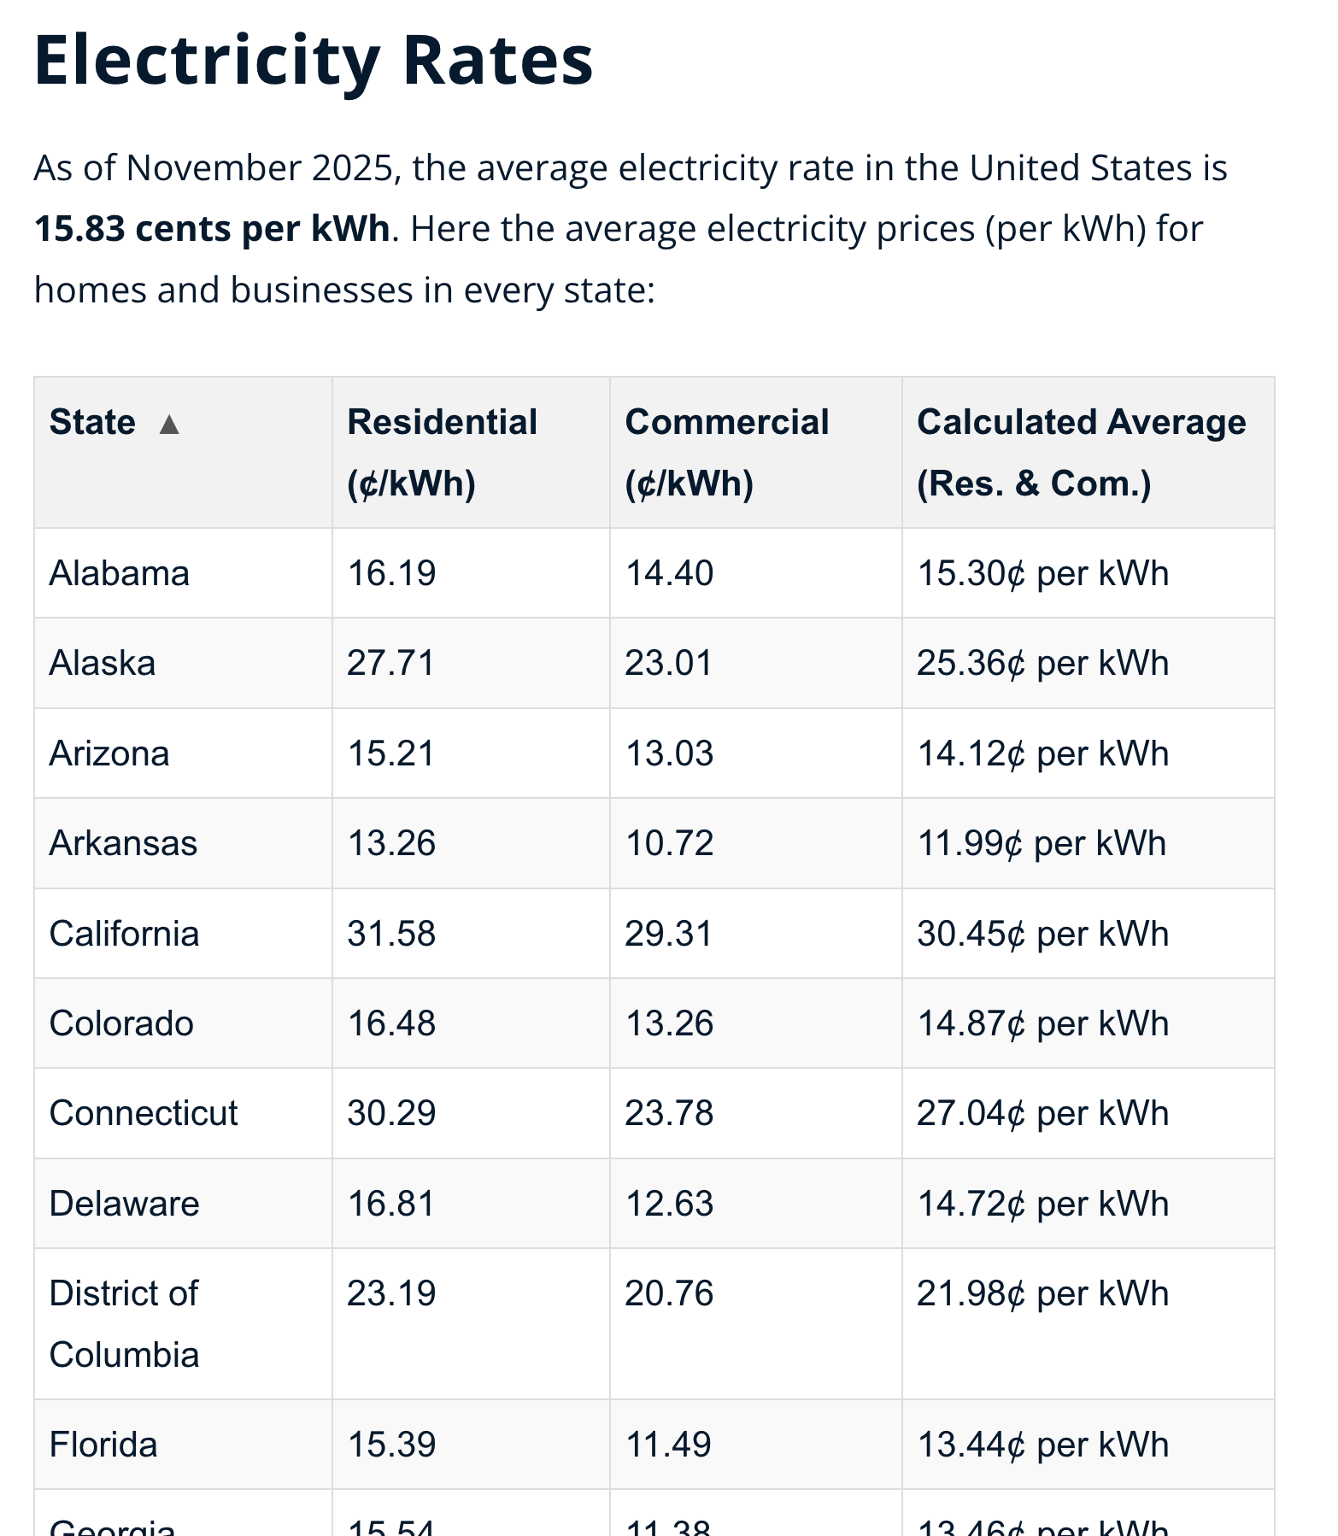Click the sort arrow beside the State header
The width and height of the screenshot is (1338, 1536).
click(x=169, y=424)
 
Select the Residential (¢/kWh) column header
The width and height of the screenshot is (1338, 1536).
click(x=442, y=452)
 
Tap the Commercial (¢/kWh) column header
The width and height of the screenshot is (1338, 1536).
click(x=726, y=452)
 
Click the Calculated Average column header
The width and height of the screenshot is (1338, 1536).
click(x=1081, y=452)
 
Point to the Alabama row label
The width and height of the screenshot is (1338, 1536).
click(x=119, y=573)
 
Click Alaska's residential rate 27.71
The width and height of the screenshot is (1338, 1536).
click(x=390, y=663)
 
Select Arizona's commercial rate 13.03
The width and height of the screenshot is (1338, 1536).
click(x=669, y=753)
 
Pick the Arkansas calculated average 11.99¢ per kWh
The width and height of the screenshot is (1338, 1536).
click(x=1041, y=843)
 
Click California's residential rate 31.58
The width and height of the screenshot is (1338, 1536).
click(x=390, y=934)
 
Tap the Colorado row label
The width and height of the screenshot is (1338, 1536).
click(x=121, y=1023)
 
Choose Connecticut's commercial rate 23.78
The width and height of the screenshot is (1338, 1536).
click(x=669, y=1113)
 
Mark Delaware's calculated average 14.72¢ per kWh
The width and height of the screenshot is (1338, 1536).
click(x=1042, y=1204)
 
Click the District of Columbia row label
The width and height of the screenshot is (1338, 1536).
click(x=124, y=1323)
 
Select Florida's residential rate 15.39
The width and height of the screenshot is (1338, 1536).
click(x=390, y=1445)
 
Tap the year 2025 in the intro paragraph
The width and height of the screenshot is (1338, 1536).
click(x=353, y=168)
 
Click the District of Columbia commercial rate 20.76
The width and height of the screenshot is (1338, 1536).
click(x=669, y=1293)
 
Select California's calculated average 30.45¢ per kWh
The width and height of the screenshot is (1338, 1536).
click(x=1042, y=934)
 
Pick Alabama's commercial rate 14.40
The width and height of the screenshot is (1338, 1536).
click(x=669, y=573)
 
